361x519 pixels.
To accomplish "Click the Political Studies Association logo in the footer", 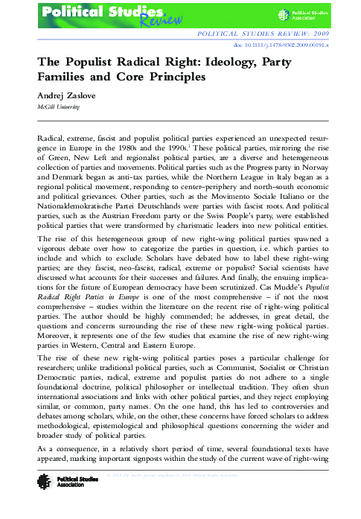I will pyautogui.click(x=52, y=497).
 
